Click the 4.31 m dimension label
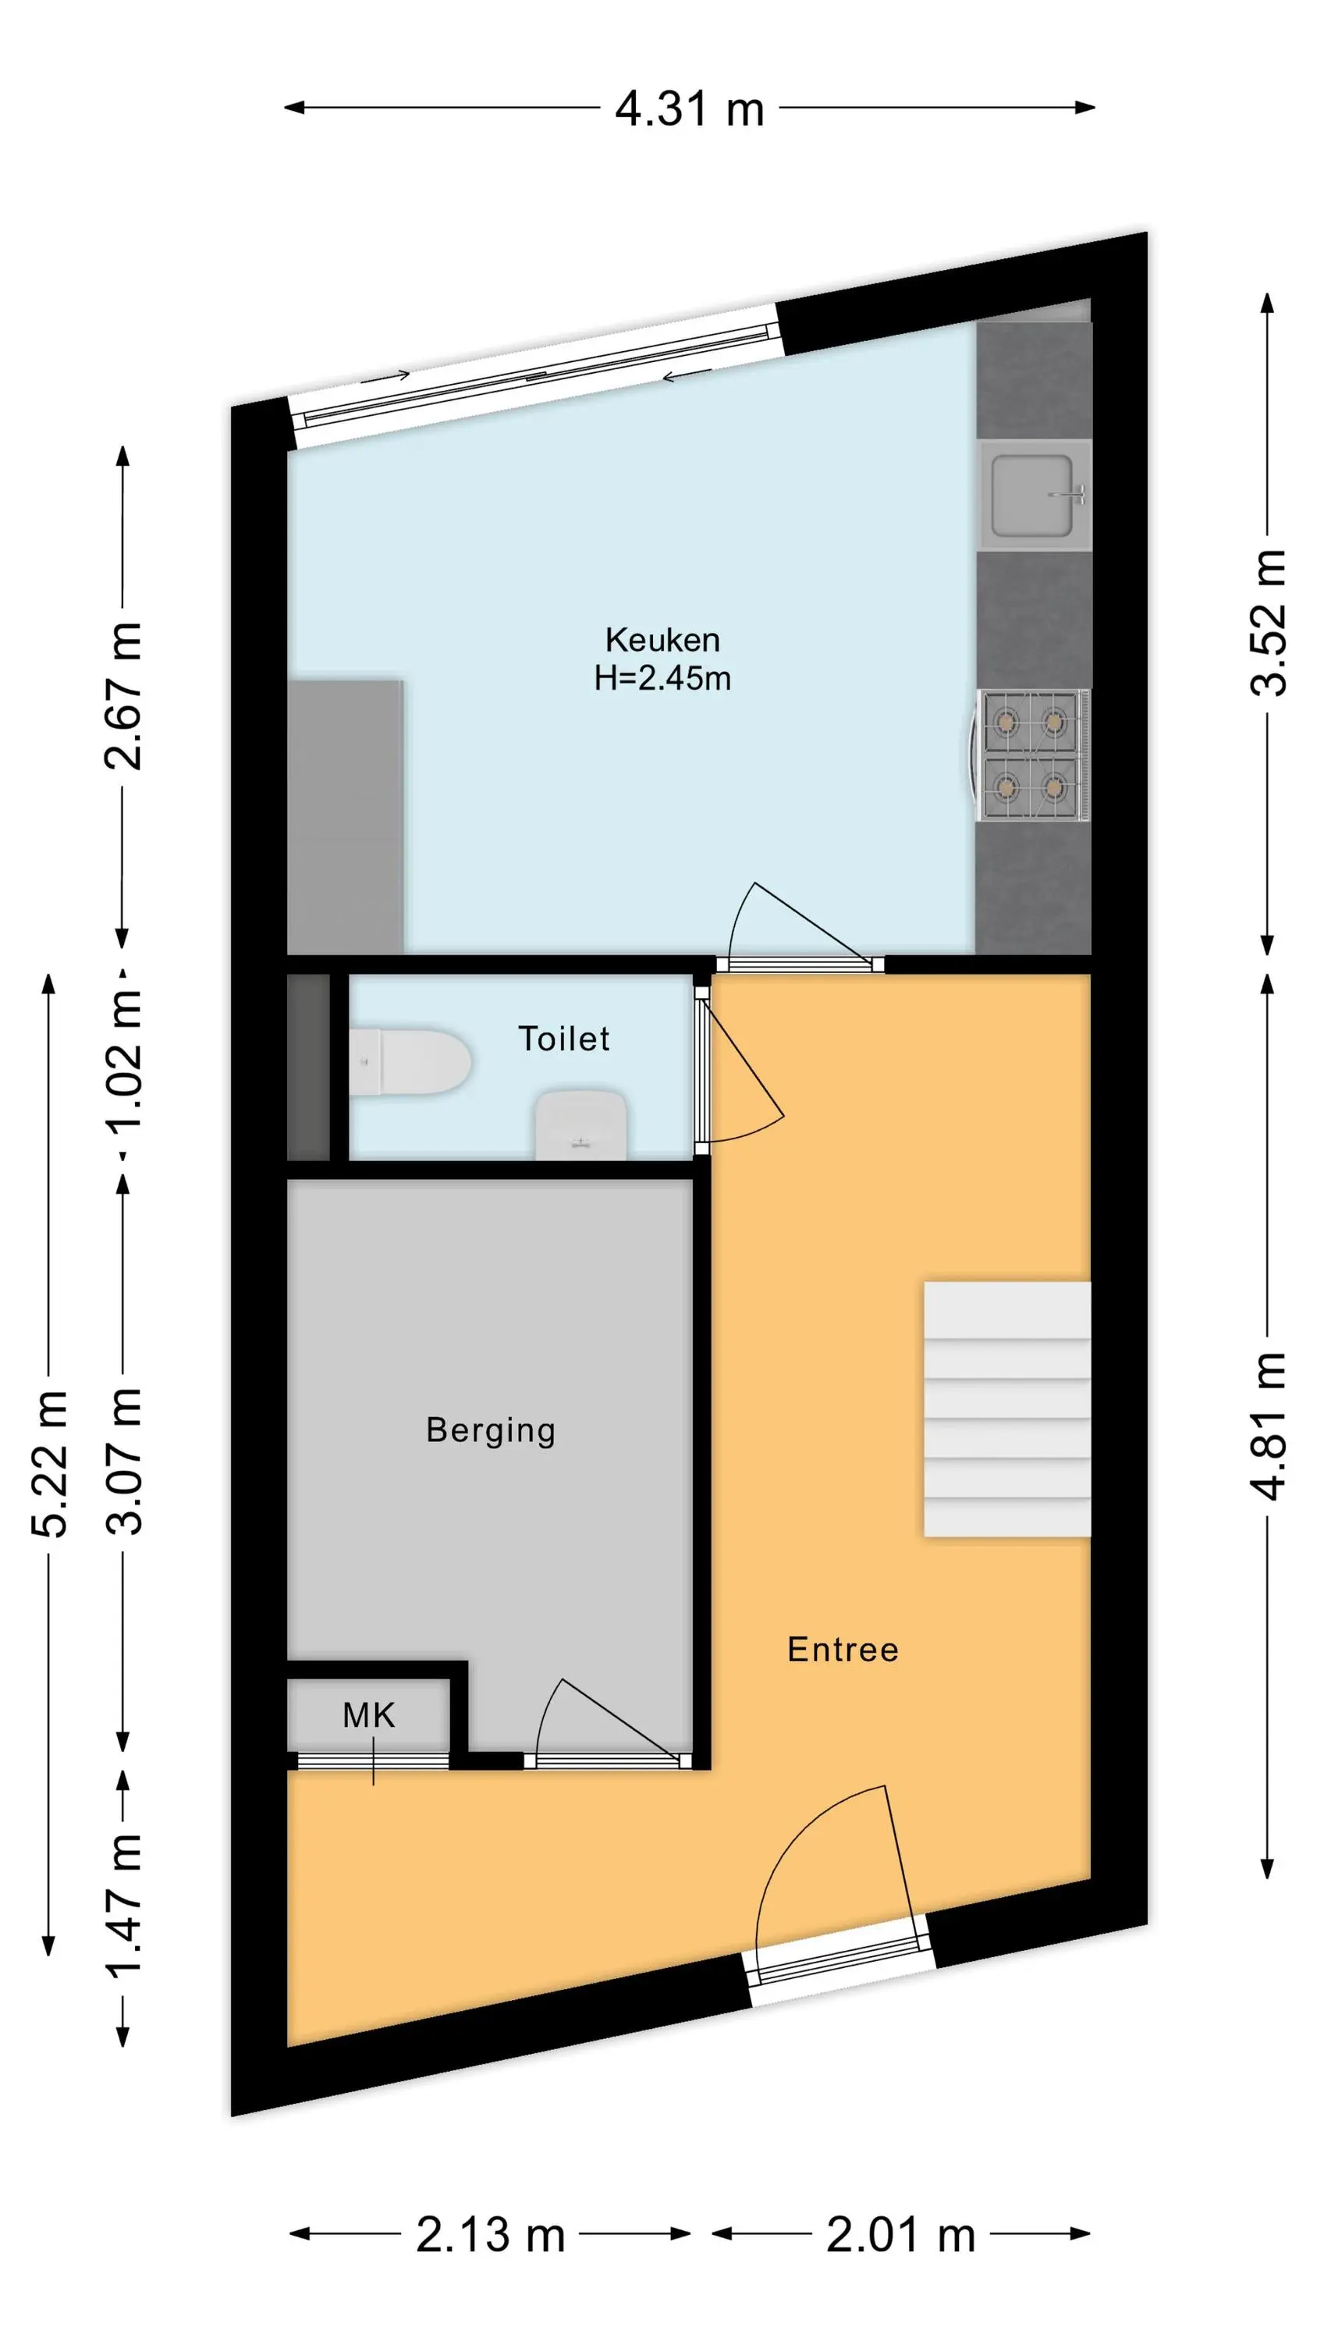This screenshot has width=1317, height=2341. point(689,109)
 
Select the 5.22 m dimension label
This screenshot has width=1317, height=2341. point(49,1463)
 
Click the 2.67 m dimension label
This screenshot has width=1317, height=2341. point(123,697)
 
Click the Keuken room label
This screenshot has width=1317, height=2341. point(662,641)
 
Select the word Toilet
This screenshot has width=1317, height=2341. point(563,1039)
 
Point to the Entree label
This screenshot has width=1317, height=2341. point(843,1650)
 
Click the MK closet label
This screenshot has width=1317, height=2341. point(369,1716)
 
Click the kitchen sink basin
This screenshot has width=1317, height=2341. point(1032,496)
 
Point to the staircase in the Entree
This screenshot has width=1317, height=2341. point(1007,1409)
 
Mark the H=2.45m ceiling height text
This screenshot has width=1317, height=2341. point(662,679)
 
